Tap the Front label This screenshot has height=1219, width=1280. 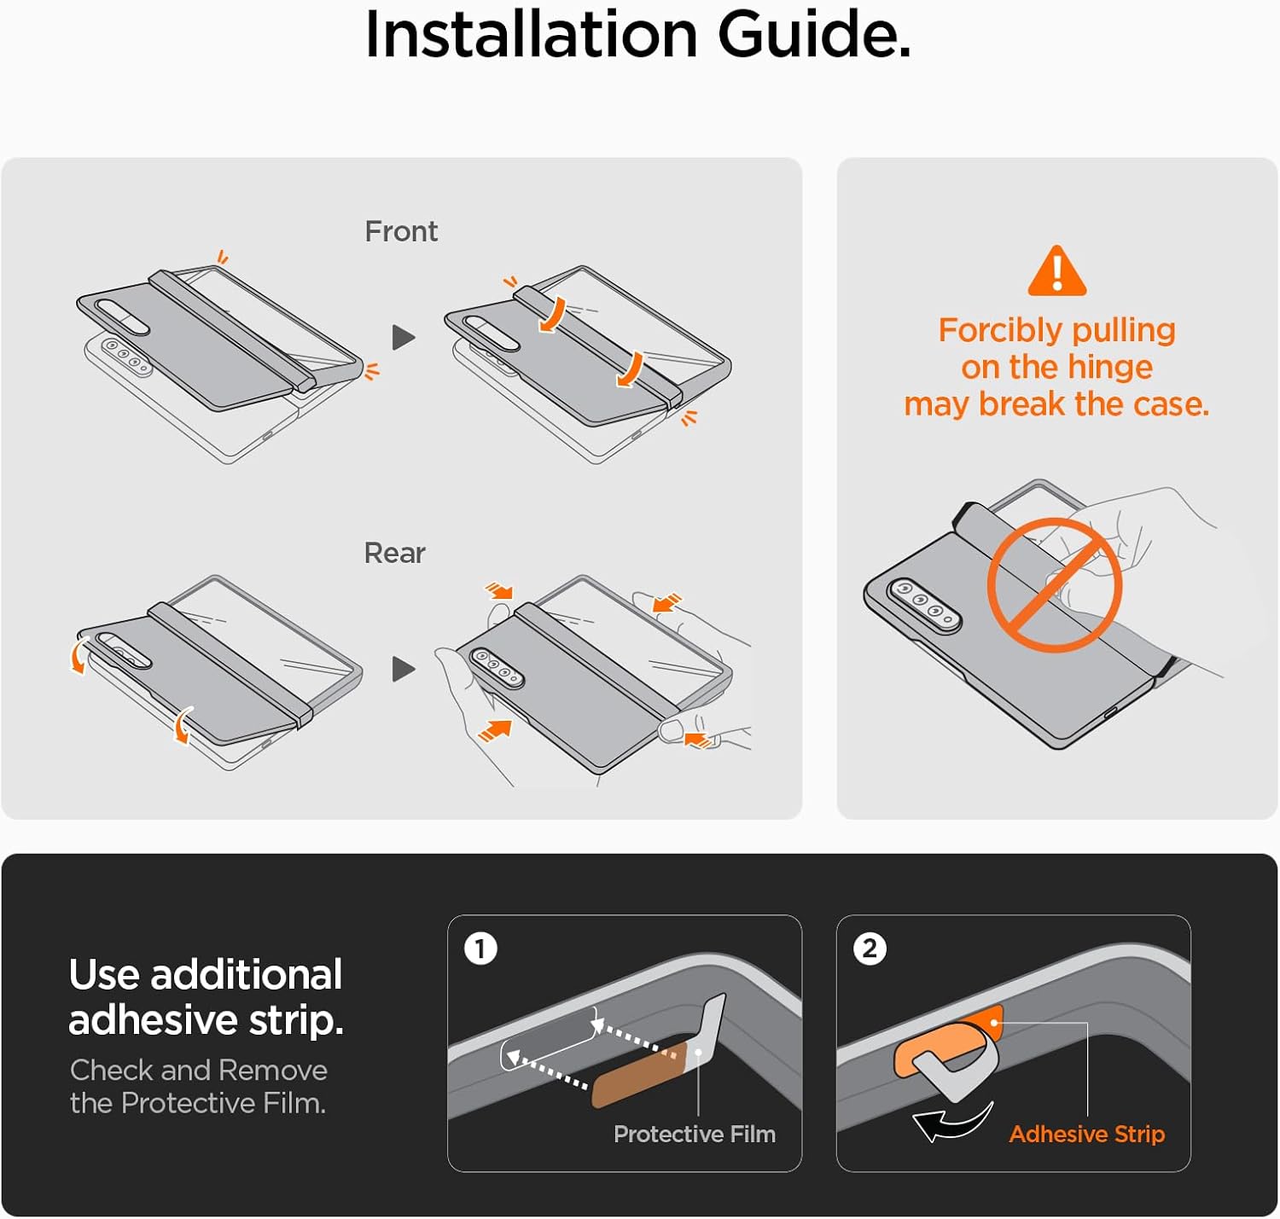pyautogui.click(x=401, y=231)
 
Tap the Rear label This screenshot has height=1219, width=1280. pyautogui.click(x=394, y=554)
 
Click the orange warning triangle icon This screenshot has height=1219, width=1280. pyautogui.click(x=1056, y=271)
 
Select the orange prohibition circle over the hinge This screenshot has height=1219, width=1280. pyautogui.click(x=1055, y=584)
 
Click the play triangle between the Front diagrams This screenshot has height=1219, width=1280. pyautogui.click(x=404, y=337)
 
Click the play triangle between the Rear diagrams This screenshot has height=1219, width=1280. pyautogui.click(x=404, y=669)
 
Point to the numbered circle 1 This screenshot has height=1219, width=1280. pyautogui.click(x=480, y=949)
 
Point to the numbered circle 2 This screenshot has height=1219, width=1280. pyautogui.click(x=870, y=949)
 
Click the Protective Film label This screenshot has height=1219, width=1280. pyautogui.click(x=694, y=1135)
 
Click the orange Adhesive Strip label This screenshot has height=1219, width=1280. pyautogui.click(x=1086, y=1135)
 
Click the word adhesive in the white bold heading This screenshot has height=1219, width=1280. pyautogui.click(x=154, y=1020)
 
